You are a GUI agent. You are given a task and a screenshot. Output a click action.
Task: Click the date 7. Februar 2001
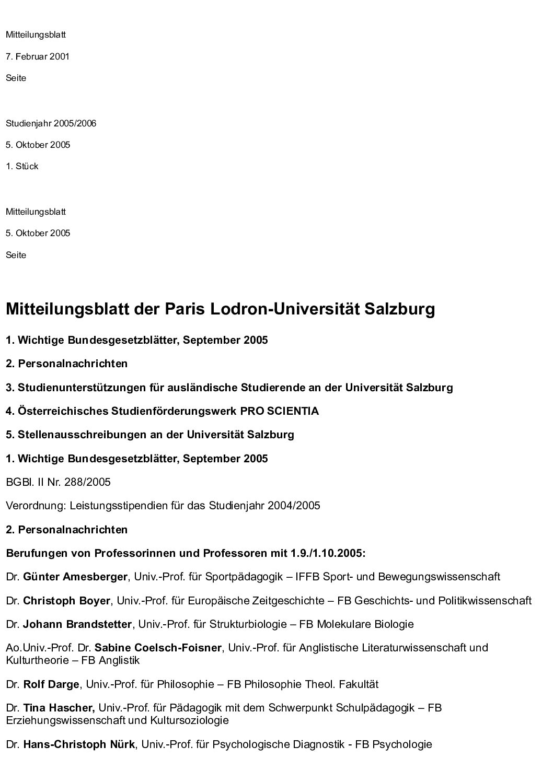(x=38, y=56)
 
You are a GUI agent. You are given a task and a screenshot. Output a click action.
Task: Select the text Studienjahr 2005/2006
(x=51, y=123)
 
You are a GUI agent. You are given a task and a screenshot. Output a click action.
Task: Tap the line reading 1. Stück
(x=22, y=166)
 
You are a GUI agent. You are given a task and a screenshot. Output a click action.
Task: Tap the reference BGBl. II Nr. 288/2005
(x=58, y=482)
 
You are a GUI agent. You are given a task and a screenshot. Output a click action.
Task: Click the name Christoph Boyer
(x=66, y=601)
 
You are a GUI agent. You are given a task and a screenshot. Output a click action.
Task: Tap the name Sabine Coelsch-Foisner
(x=158, y=648)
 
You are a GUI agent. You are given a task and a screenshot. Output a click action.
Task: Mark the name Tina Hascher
(x=59, y=708)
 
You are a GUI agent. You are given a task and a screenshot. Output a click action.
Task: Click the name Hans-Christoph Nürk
(x=79, y=744)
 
